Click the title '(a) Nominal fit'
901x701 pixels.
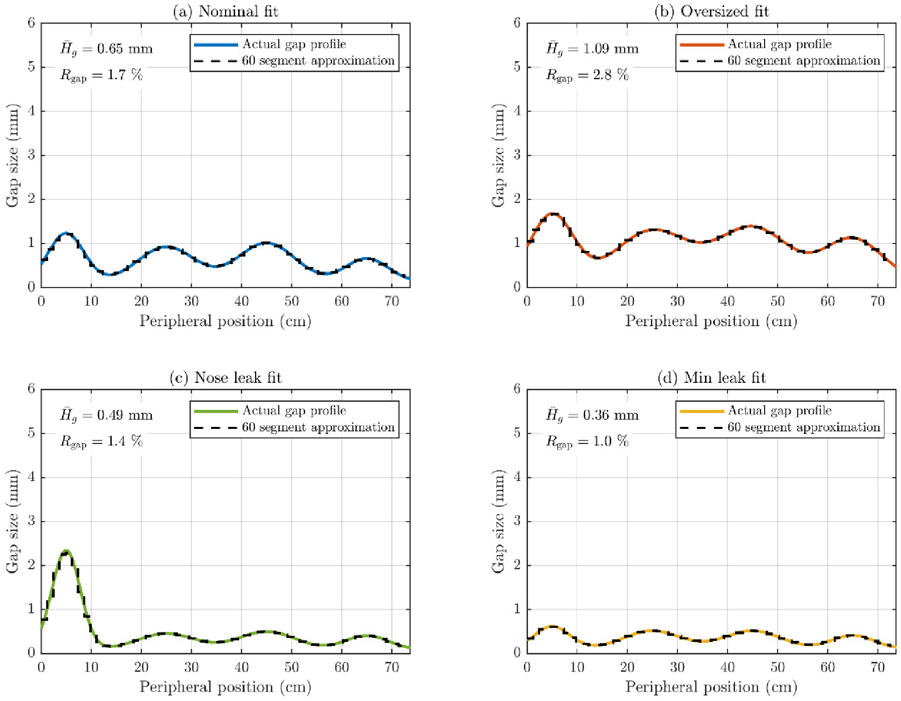(225, 11)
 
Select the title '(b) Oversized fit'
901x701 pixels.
(711, 11)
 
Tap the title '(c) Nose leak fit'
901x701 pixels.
(225, 377)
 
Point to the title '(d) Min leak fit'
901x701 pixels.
(711, 377)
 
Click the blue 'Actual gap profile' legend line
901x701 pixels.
(216, 45)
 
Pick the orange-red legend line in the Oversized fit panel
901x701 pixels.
(701, 45)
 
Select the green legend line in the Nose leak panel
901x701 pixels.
(216, 411)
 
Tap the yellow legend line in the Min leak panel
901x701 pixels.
(701, 411)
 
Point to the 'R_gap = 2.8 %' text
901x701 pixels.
(587, 75)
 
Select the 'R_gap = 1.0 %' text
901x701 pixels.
(587, 441)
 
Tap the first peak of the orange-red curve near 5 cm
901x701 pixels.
(553, 214)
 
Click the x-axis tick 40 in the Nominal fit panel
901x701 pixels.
(241, 301)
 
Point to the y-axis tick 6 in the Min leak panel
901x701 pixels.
(517, 389)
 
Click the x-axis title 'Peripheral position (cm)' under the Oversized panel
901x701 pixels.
(711, 321)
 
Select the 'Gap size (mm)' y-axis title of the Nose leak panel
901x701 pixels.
(12, 521)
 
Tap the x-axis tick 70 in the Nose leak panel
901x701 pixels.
(392, 667)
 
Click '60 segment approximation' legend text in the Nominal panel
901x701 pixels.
(318, 61)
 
